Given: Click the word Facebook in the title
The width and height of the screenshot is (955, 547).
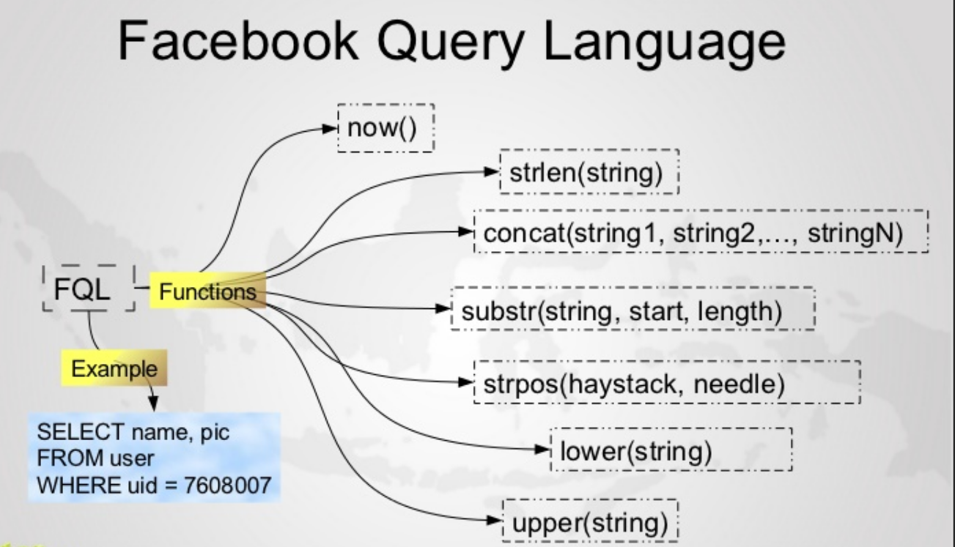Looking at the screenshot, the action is pos(238,42).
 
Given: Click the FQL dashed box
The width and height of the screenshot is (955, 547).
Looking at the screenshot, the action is pos(89,289).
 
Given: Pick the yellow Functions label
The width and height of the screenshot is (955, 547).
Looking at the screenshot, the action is pos(207,291).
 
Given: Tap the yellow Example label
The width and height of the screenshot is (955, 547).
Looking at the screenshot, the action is pos(114,368).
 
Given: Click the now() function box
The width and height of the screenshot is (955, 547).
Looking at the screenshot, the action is pos(386,128).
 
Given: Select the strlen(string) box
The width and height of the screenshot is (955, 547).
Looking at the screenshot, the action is pos(589,172).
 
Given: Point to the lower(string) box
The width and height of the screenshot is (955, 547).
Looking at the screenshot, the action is pos(671,450).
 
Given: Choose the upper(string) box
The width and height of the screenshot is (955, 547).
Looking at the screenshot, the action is pos(590,521).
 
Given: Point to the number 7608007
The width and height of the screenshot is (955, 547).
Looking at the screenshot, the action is pos(228,485).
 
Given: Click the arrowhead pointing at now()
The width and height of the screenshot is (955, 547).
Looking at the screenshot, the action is pos(330,128).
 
